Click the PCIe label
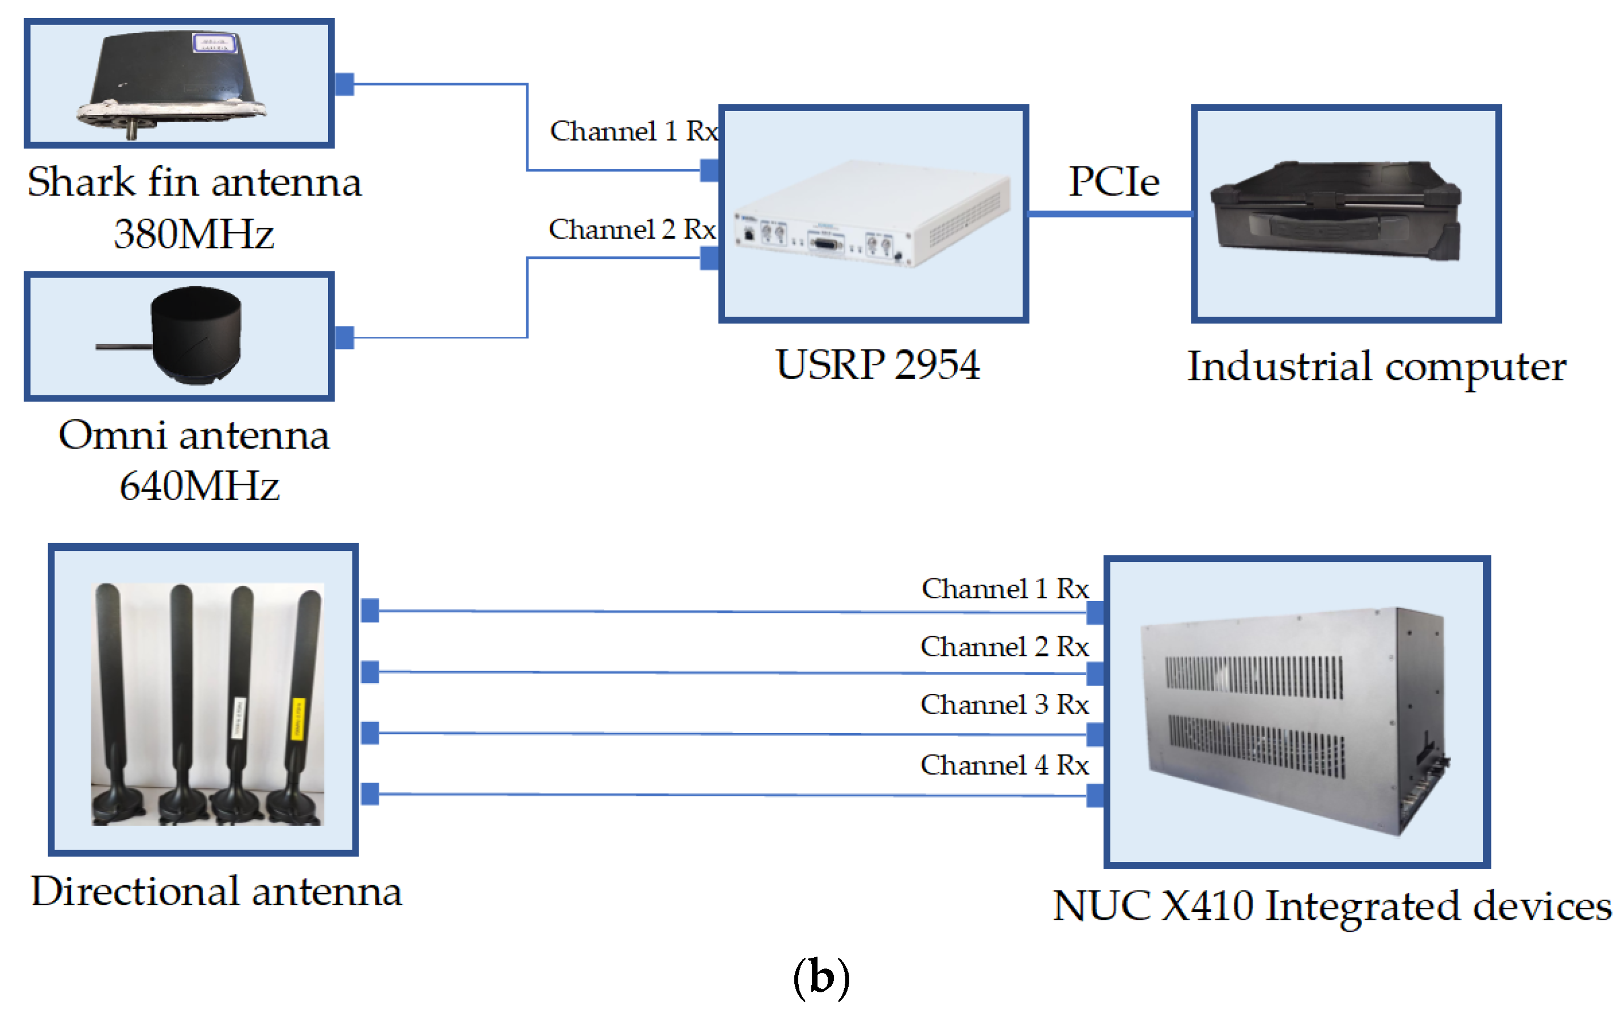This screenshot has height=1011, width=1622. point(1113,181)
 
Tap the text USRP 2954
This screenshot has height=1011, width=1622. point(878,365)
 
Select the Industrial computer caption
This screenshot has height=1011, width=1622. point(1376,367)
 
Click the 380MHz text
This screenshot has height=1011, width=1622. point(194,234)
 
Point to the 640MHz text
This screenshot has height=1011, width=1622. point(199,486)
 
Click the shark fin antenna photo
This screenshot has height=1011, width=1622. point(174,84)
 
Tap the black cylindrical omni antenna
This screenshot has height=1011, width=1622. point(195,334)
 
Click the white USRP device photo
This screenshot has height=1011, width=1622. point(873,214)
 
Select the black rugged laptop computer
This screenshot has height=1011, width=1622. point(1336,211)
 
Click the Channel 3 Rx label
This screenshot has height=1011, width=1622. point(1004,705)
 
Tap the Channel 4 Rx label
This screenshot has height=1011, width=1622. point(1004,765)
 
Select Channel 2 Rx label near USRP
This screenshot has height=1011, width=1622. point(632,229)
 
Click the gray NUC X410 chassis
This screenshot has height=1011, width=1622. point(1294,719)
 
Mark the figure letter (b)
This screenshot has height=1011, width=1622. point(821,978)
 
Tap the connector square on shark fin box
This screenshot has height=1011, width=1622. point(344,84)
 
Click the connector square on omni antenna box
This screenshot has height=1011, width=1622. point(344,338)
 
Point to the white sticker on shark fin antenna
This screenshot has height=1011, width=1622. point(214,44)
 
